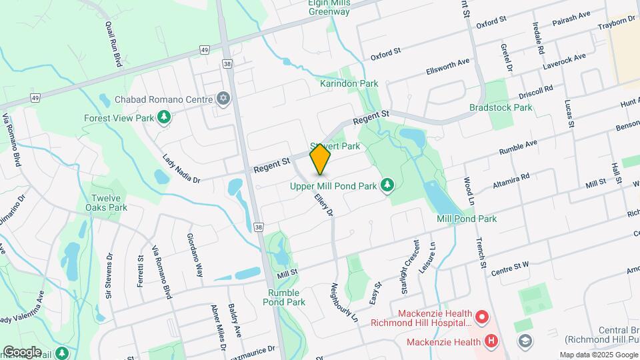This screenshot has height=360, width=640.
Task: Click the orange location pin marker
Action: click(x=321, y=159)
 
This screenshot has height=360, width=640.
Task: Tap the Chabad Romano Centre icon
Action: click(x=223, y=99)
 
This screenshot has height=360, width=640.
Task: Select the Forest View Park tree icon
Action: click(x=163, y=118)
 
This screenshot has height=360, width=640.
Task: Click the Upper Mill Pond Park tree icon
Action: click(x=386, y=185)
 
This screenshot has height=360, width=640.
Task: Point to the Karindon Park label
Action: click(x=349, y=84)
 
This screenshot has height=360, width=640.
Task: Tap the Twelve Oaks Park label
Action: click(x=109, y=203)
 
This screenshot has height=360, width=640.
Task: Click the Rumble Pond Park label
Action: click(x=287, y=297)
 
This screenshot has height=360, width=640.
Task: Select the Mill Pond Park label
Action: click(x=467, y=219)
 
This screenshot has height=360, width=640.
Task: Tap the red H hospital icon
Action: click(x=491, y=342)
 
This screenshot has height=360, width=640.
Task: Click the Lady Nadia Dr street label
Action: click(x=181, y=167)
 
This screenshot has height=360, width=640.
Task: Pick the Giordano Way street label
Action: click(x=194, y=257)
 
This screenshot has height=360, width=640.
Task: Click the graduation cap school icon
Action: click(x=525, y=342)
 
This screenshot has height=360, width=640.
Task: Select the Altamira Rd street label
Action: click(x=512, y=180)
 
